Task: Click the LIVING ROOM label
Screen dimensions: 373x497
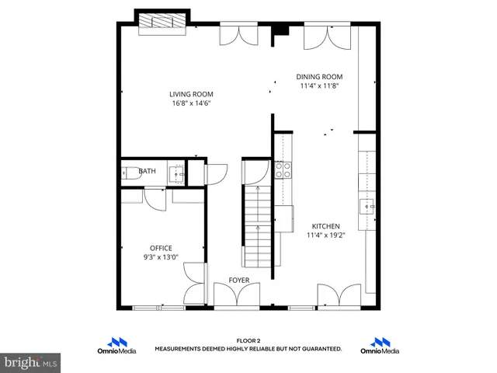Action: [x=191, y=94]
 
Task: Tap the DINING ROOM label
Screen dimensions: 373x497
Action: [x=319, y=77]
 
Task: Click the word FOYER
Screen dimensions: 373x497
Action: [x=238, y=280]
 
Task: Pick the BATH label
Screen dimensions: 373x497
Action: [x=146, y=172]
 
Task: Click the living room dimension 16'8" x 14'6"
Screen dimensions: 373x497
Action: [x=191, y=103]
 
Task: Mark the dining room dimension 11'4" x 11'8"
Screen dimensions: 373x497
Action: [x=319, y=86]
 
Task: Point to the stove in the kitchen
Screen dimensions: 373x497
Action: [x=282, y=170]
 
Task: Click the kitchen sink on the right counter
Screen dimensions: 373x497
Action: [x=367, y=206]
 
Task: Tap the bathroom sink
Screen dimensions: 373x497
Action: [x=178, y=175]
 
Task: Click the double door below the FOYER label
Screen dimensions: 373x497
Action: [x=236, y=297]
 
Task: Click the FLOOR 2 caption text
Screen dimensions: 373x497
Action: [x=248, y=341]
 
